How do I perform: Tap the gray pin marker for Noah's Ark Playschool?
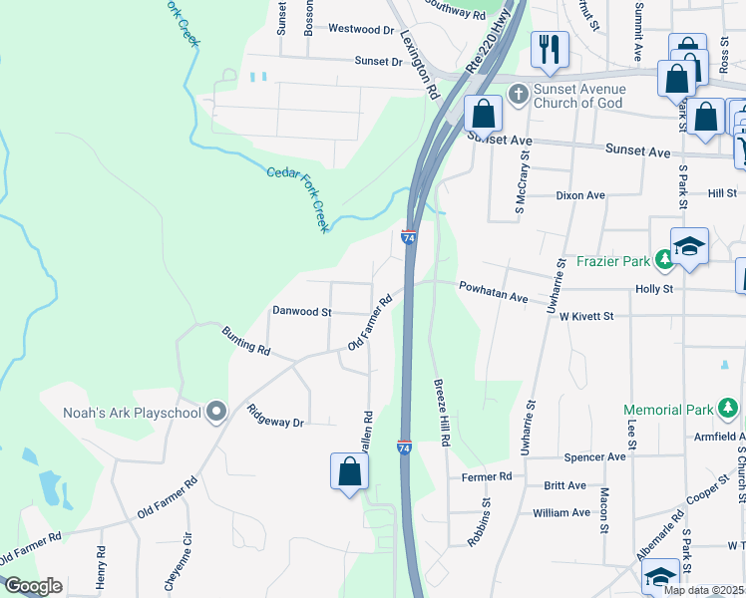click(215, 413)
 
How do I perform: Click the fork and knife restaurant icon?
click(549, 48)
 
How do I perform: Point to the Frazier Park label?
click(612, 262)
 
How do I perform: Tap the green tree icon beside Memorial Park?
click(729, 409)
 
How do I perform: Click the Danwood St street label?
click(301, 312)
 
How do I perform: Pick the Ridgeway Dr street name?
click(275, 416)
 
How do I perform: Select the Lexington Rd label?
click(420, 61)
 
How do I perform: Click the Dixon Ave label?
click(580, 195)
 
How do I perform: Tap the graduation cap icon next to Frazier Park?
click(689, 245)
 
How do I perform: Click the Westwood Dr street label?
click(333, 30)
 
